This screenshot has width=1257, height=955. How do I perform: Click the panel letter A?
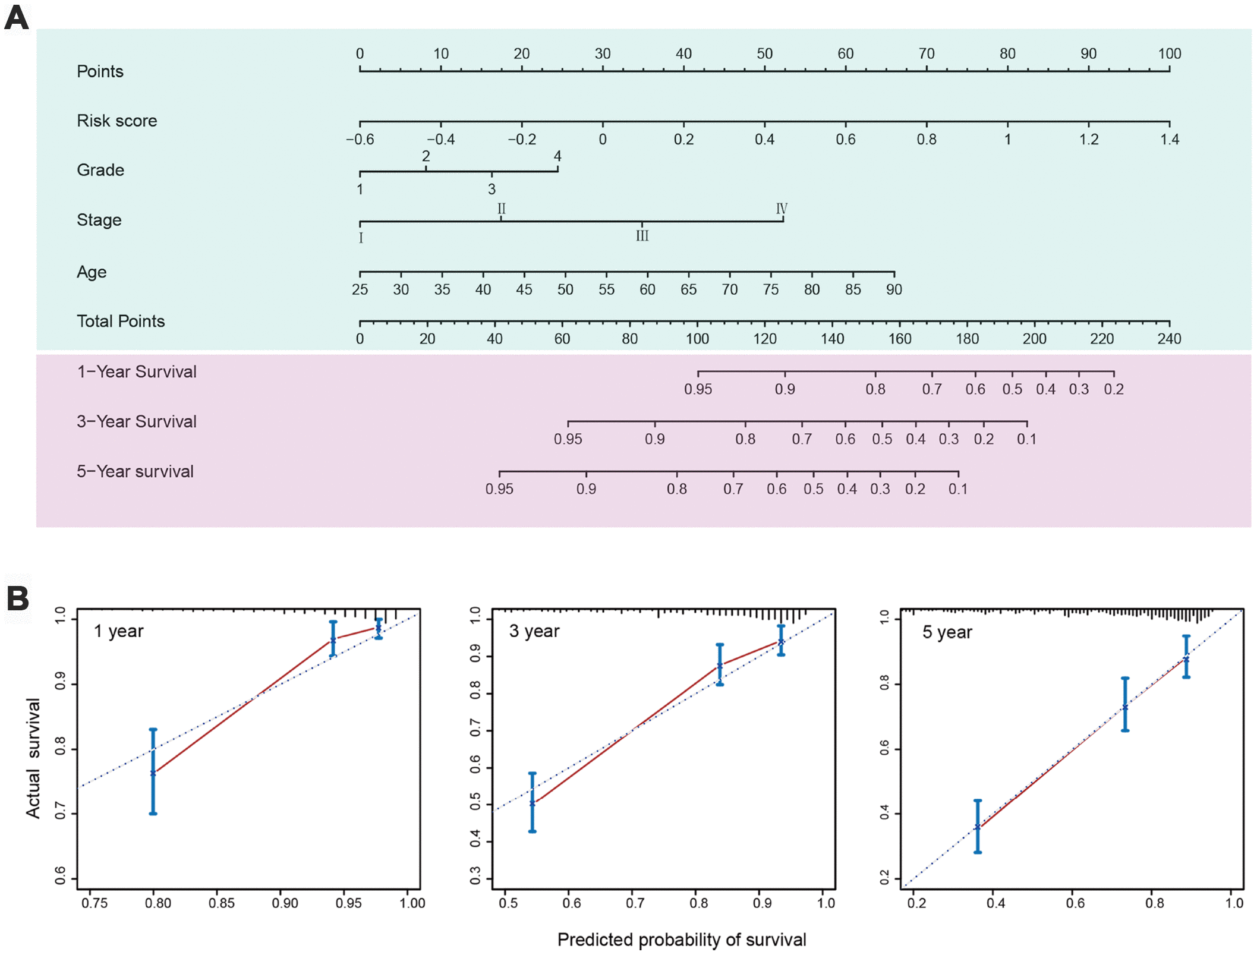[x=17, y=18]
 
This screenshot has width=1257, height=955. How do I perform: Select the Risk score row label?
[x=116, y=121]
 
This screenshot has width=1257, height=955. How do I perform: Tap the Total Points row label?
[x=121, y=322]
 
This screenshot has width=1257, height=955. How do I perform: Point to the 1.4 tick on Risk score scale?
[x=1169, y=140]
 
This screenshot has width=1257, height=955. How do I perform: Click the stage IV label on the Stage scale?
[x=782, y=209]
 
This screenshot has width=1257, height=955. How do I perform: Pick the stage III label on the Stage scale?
[x=642, y=236]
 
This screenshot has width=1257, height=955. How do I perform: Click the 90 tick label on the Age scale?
[x=894, y=289]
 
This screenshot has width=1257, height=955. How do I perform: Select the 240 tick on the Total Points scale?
[x=1168, y=339]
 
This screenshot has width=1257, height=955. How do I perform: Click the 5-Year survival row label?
[x=135, y=472]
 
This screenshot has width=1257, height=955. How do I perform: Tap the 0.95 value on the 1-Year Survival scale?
[x=698, y=389]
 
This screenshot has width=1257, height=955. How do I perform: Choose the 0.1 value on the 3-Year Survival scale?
[x=1026, y=439]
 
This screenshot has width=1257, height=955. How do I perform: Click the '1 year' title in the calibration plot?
[x=118, y=631]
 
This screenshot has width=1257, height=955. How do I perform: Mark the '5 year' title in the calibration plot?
[x=947, y=632]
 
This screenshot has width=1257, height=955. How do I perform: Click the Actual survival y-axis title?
[x=33, y=758]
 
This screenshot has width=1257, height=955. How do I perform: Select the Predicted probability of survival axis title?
[x=682, y=940]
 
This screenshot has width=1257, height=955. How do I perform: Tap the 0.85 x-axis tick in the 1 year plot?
[x=221, y=903]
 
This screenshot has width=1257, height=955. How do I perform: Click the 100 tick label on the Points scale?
[x=1169, y=53]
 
